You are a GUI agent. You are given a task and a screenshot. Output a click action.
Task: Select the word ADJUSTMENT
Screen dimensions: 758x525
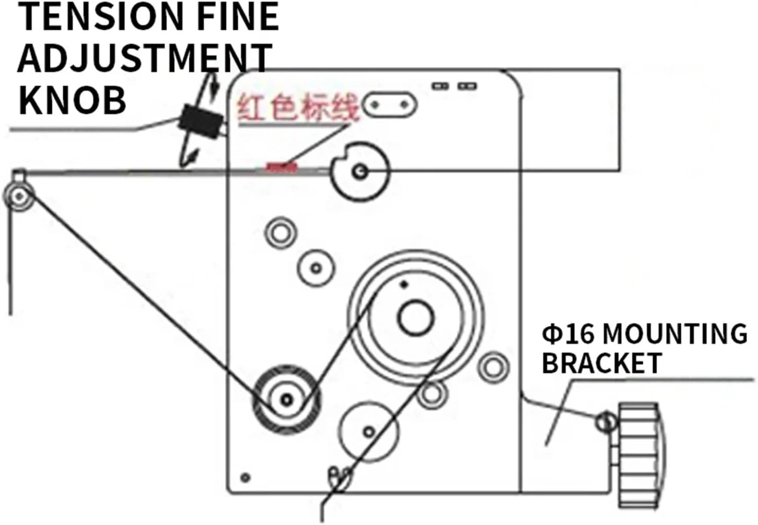coord(145,58)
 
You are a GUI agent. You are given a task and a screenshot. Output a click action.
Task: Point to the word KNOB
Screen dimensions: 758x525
coord(72,100)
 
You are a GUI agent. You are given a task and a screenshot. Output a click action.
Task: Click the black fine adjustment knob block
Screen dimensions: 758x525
coord(200,121)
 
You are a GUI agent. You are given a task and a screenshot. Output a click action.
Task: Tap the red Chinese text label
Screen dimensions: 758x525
coord(297,107)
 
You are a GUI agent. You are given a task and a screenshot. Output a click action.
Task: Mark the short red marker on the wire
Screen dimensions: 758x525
coord(281,167)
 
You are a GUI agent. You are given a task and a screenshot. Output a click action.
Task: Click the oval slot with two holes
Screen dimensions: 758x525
coord(390,105)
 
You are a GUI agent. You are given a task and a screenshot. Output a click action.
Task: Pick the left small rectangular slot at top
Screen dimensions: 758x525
coord(440,86)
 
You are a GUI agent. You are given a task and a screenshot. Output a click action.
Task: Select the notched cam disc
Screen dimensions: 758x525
coord(360,172)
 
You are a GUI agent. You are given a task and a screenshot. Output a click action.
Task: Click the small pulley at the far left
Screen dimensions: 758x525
coord(19,196)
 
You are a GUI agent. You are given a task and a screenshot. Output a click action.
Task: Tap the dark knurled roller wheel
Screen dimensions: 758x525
coord(286,400)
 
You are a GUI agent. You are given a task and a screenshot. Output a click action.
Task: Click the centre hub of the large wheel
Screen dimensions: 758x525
coord(415,318)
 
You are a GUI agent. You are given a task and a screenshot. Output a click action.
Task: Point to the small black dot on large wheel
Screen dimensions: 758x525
coord(403,285)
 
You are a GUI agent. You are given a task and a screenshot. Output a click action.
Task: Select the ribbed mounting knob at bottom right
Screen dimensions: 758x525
coord(640,455)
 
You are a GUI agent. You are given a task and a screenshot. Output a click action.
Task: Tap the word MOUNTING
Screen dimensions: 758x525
coord(675,334)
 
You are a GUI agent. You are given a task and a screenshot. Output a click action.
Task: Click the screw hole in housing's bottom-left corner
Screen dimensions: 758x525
coord(246,478)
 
